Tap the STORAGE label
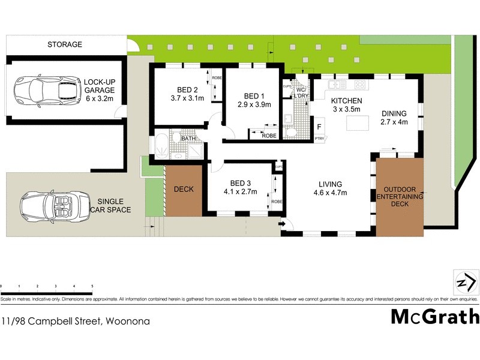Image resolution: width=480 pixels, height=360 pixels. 65,44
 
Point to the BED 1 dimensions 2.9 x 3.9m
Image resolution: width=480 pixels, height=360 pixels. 254,104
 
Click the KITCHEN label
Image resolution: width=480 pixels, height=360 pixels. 347,101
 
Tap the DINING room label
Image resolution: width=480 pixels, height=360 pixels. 394,113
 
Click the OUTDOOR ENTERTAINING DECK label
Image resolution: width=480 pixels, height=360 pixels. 399,196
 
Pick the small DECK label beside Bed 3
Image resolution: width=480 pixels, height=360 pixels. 183,190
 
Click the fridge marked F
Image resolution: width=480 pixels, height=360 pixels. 319,127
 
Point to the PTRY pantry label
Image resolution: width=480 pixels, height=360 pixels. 319,139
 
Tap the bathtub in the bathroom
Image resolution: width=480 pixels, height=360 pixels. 161,145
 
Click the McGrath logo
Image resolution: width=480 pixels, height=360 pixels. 435,316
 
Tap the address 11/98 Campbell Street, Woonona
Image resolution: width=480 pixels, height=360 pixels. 75,321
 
